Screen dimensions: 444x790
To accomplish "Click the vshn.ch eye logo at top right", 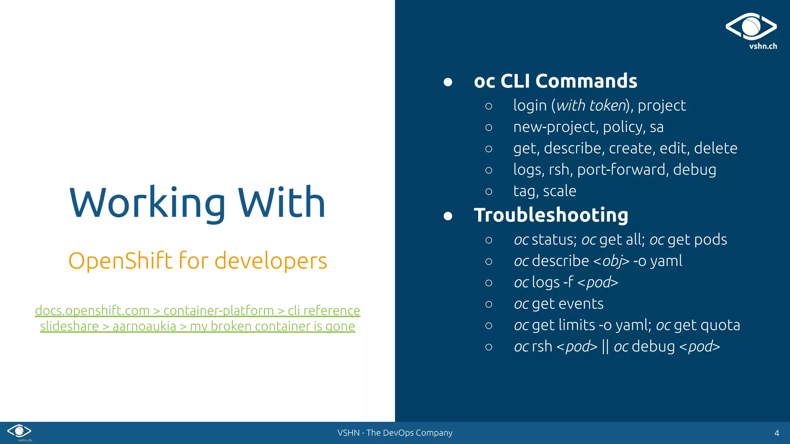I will point(751,27).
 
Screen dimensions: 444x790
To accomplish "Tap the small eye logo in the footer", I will point(19,431).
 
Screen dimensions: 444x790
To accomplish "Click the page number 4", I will point(776,433).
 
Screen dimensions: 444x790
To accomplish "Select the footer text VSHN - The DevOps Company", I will point(395,433).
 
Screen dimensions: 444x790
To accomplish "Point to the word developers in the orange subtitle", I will point(270,261).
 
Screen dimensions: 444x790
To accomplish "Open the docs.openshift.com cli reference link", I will point(197,310).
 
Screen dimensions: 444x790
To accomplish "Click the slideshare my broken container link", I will point(197,326).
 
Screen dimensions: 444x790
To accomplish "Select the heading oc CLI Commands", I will point(555,81).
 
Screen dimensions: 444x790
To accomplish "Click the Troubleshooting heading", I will point(551,215).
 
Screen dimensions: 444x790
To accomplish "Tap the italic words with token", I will point(591,106).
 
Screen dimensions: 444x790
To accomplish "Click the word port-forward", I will point(622,170).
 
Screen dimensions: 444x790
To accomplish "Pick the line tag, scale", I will point(544,191).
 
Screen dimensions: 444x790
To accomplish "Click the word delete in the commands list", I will point(716,148).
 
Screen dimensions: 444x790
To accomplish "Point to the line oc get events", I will point(559,304).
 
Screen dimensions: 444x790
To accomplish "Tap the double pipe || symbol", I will point(605,346).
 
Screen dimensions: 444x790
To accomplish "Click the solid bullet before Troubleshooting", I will point(447,216).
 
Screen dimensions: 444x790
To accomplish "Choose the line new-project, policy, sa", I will point(588,127).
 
